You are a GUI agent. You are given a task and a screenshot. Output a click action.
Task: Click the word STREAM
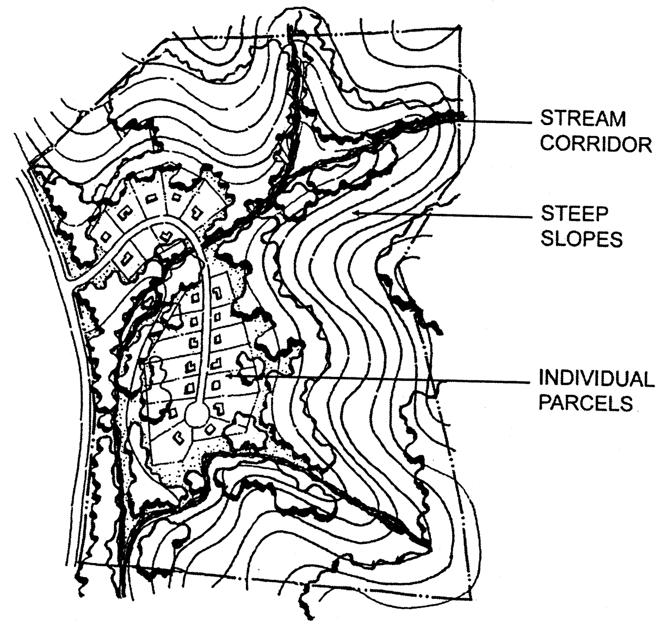tap(583, 118)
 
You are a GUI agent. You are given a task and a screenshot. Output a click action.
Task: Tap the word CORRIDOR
tap(596, 144)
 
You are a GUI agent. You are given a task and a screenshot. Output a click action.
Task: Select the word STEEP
tap(566, 213)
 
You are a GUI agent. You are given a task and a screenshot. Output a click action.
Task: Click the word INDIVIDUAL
tap(596, 379)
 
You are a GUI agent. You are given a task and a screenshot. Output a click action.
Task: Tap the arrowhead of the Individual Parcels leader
tap(229, 375)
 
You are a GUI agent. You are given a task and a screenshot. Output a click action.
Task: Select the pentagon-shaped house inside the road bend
tap(165, 236)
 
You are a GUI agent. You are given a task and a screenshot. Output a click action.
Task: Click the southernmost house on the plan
tap(178, 435)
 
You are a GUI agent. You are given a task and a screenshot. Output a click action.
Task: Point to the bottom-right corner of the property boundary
tap(471, 597)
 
